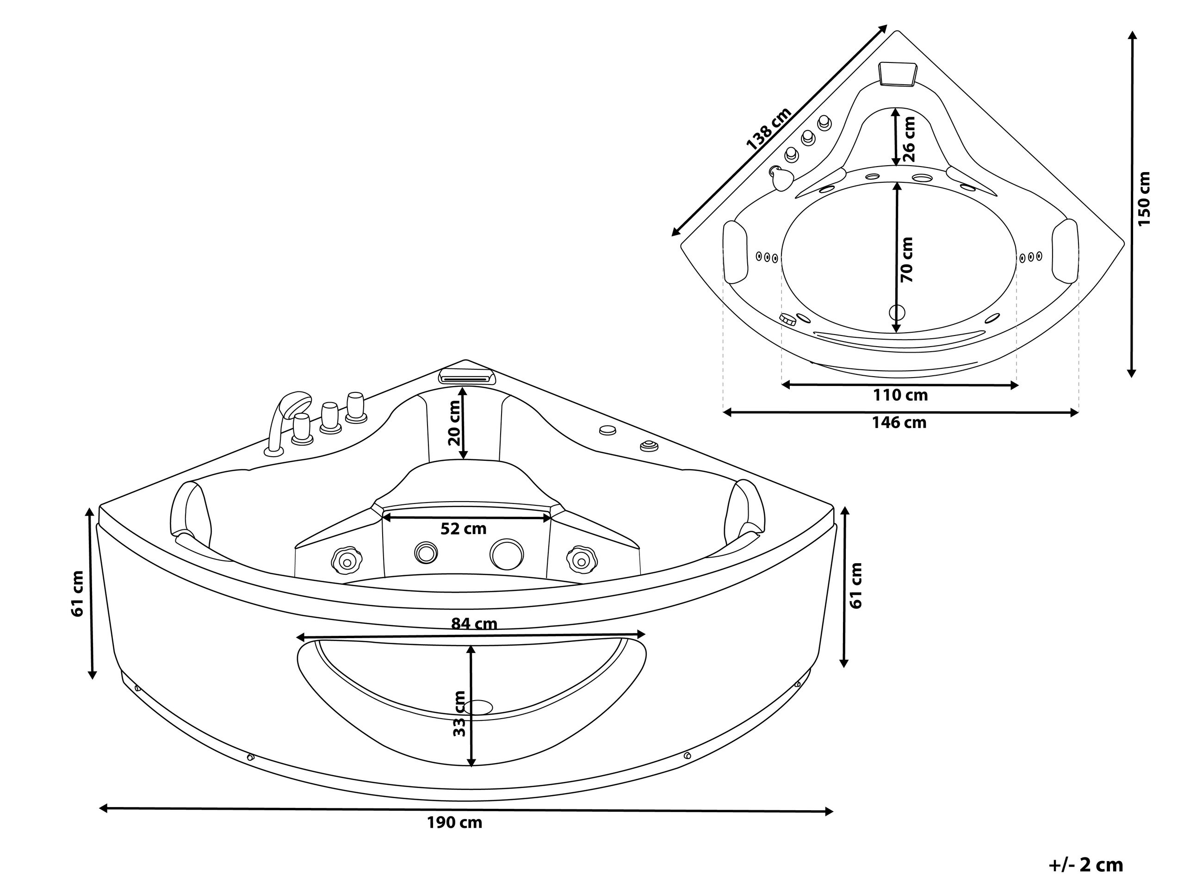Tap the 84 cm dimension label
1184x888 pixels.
[x=474, y=624]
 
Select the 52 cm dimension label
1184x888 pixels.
[x=464, y=529]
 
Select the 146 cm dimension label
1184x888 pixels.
[x=899, y=423]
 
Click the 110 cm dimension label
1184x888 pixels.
[x=900, y=395]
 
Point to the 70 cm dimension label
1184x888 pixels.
[x=907, y=260]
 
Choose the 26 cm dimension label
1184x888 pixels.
[x=909, y=139]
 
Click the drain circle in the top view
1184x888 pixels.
[x=897, y=311]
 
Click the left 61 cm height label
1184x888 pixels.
[x=78, y=594]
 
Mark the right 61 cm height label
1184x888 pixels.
[x=856, y=585]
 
